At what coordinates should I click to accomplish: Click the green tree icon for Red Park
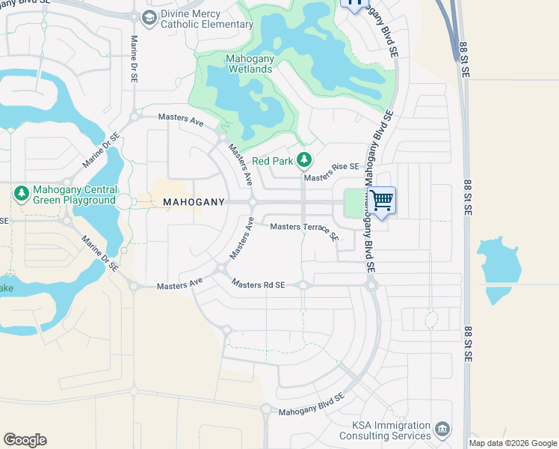tap(303, 159)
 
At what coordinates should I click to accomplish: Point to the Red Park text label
tap(272, 160)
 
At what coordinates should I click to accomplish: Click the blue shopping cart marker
tap(381, 201)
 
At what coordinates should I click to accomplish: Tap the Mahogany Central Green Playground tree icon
tap(21, 194)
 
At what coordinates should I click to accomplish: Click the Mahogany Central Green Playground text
tap(74, 195)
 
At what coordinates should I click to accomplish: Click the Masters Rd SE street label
tap(259, 284)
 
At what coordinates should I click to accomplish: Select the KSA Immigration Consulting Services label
tap(386, 430)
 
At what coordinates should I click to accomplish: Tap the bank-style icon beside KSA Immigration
tap(442, 429)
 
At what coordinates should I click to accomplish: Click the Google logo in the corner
tap(25, 440)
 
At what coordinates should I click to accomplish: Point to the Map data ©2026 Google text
tap(513, 443)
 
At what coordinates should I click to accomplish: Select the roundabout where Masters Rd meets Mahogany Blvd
tap(371, 285)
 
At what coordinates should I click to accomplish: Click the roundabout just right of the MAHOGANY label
tap(253, 202)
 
